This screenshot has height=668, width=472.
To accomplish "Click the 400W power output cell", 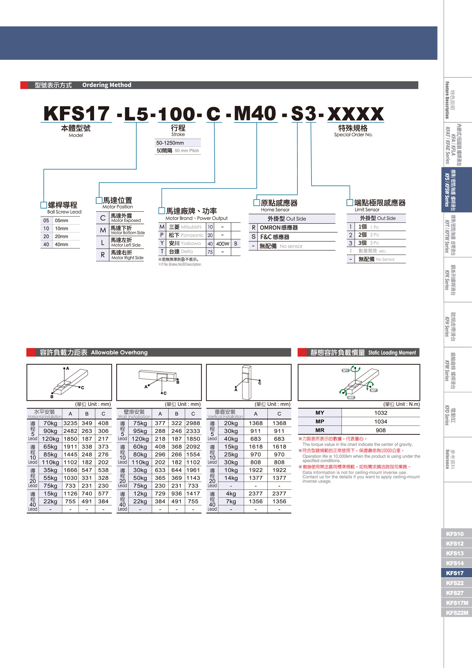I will click(222, 244).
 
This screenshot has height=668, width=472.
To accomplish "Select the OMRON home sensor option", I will click(279, 228).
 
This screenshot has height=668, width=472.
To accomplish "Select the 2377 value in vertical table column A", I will click(255, 493).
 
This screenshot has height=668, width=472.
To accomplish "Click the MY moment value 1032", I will click(380, 413).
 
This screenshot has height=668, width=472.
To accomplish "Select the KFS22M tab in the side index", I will click(457, 612).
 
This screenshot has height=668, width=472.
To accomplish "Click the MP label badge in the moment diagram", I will click(374, 390).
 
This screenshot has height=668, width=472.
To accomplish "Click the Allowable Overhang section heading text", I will click(119, 352).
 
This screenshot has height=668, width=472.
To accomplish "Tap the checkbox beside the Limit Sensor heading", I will click(350, 202).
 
